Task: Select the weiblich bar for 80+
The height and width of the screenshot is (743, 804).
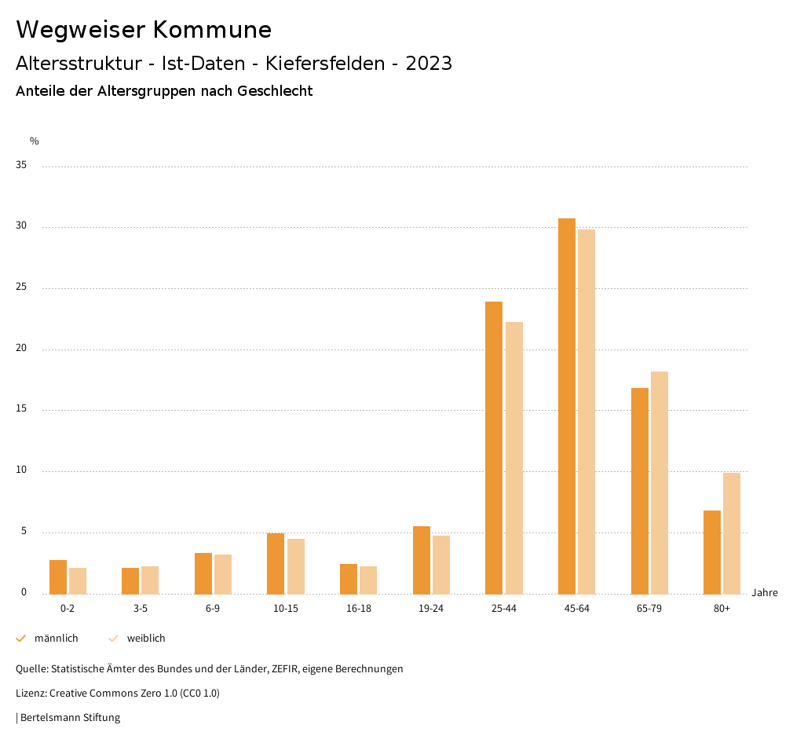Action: tap(732, 533)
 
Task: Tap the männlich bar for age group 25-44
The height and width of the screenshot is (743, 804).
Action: tap(494, 448)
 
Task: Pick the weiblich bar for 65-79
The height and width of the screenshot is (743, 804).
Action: tap(660, 483)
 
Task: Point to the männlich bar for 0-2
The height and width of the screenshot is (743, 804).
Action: tap(58, 577)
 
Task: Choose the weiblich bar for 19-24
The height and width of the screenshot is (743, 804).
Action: tap(441, 565)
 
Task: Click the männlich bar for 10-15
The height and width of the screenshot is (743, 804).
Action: tap(276, 564)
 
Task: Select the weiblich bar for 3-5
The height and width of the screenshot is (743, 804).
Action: tap(150, 580)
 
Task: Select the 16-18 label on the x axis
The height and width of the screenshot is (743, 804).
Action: tap(359, 609)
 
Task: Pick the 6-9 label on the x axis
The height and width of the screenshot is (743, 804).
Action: tap(213, 609)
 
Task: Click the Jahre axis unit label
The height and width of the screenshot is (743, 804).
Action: tap(765, 593)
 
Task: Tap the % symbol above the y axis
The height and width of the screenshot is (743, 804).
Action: tap(35, 141)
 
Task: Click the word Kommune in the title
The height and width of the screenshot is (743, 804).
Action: tap(212, 30)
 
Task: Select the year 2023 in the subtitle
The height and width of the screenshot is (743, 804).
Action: tap(429, 64)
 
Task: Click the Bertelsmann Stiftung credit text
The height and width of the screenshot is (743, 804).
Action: tap(70, 718)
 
